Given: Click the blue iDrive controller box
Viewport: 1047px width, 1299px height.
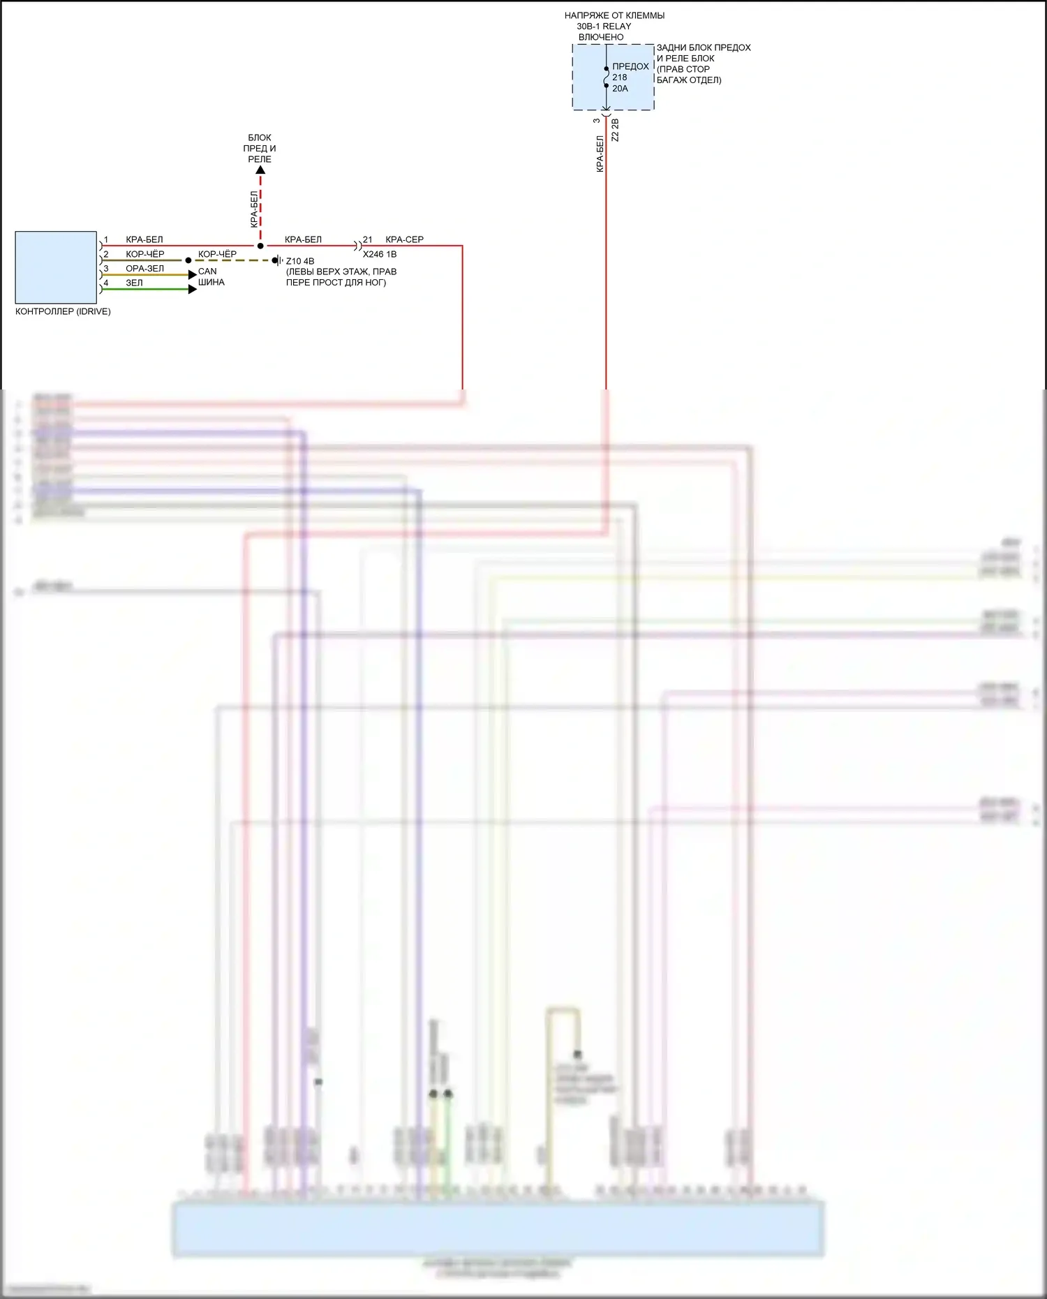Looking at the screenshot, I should [x=56, y=267].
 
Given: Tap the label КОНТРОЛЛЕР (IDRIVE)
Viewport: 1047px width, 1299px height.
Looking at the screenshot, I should [x=63, y=311].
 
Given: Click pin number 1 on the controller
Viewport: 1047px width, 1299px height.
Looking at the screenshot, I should [x=106, y=239].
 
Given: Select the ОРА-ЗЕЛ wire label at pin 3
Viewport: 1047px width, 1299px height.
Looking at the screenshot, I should [x=144, y=269].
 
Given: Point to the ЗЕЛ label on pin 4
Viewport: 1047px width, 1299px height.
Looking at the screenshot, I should [x=134, y=283].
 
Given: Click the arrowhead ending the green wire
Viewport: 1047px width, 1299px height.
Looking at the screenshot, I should [x=193, y=289].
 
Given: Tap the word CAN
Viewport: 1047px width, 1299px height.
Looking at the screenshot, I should [x=207, y=272].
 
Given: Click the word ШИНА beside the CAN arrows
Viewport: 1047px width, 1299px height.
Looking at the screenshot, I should [x=211, y=282].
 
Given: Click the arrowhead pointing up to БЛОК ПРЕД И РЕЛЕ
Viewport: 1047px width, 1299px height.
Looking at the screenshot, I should [x=260, y=170].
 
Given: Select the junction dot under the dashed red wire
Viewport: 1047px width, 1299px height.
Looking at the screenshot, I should [x=260, y=246].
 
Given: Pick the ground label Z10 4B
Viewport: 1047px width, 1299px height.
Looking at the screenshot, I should [x=300, y=261].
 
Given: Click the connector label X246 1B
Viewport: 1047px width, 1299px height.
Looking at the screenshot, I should [x=380, y=254].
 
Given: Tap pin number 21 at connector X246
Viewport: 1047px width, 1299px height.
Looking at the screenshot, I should [x=368, y=239].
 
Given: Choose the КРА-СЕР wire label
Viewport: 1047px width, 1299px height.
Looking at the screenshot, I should [x=404, y=239].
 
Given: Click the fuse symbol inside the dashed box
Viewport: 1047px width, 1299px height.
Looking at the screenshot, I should [x=606, y=77].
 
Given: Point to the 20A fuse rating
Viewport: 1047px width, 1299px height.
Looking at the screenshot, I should [x=620, y=89].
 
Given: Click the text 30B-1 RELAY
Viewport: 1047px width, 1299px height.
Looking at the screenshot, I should [x=604, y=27].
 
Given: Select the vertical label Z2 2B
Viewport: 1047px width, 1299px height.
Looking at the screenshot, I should [x=615, y=130].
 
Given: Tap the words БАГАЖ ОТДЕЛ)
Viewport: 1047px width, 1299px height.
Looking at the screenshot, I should [x=689, y=80].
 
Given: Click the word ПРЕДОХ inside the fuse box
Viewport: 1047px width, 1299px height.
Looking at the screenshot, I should [x=630, y=66].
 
